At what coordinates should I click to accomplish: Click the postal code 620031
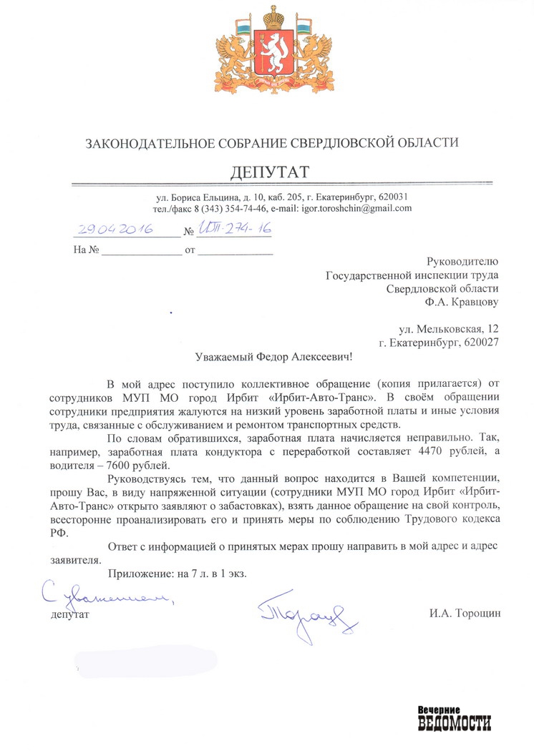pos(393,197)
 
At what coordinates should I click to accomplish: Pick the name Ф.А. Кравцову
pos(461,301)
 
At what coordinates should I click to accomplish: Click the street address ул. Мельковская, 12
pos(448,330)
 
